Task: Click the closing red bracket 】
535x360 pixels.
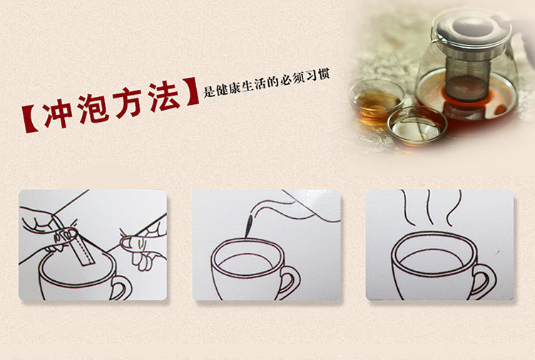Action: click(x=191, y=91)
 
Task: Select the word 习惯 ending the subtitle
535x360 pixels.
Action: click(x=317, y=76)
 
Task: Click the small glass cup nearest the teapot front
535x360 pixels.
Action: click(x=417, y=125)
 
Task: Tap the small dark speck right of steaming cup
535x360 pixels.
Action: click(x=499, y=252)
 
